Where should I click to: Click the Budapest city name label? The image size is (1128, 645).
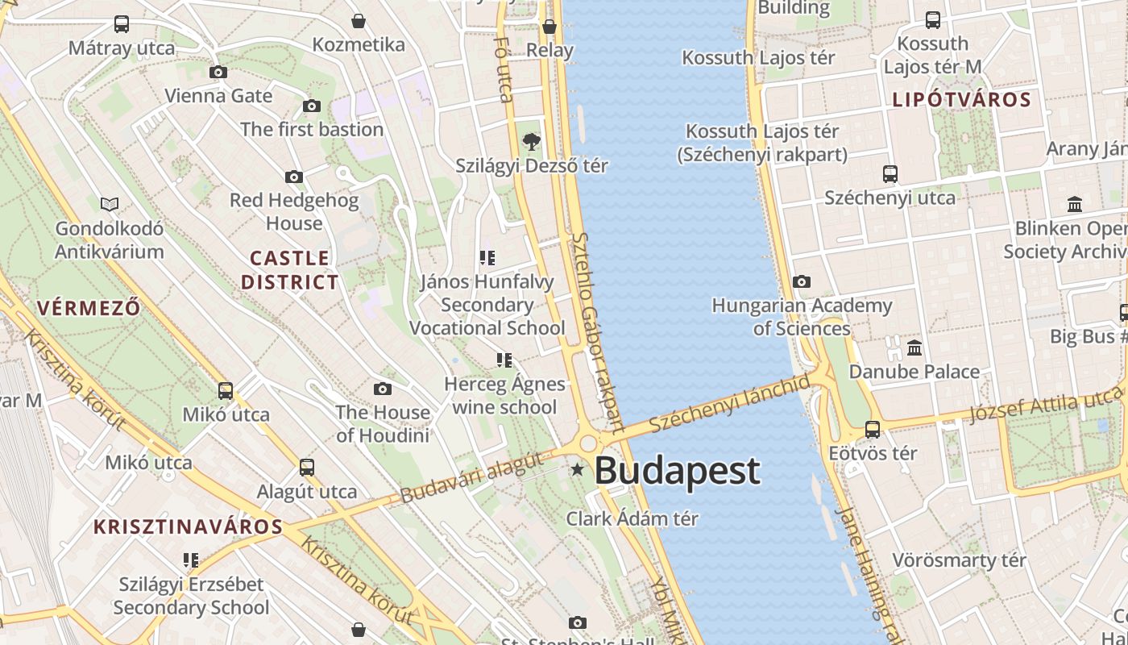click(x=677, y=471)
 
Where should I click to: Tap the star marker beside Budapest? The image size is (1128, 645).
click(x=577, y=469)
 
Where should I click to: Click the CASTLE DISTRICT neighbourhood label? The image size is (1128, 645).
click(x=290, y=270)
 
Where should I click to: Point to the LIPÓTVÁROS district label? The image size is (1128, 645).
click(x=961, y=100)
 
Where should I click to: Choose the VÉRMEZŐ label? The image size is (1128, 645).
click(x=89, y=308)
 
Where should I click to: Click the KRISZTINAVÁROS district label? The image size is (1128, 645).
click(x=188, y=527)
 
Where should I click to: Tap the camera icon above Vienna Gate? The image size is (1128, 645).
click(x=218, y=73)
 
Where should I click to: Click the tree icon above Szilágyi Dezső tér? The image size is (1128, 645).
click(x=531, y=143)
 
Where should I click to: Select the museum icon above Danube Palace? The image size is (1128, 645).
click(x=914, y=348)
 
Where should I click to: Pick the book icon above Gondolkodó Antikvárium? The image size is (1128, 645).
click(x=110, y=205)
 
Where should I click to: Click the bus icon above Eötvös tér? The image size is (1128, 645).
click(x=873, y=430)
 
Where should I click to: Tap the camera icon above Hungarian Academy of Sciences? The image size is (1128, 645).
click(x=801, y=281)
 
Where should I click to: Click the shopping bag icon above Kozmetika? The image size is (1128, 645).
click(x=359, y=21)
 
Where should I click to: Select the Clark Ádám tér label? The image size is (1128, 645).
click(x=632, y=518)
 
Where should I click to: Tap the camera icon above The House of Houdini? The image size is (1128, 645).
click(x=383, y=389)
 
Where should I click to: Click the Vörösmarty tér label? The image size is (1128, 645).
click(x=959, y=560)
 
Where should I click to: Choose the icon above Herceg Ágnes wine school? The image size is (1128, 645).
click(x=504, y=360)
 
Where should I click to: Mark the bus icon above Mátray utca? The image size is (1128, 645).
click(x=122, y=24)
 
